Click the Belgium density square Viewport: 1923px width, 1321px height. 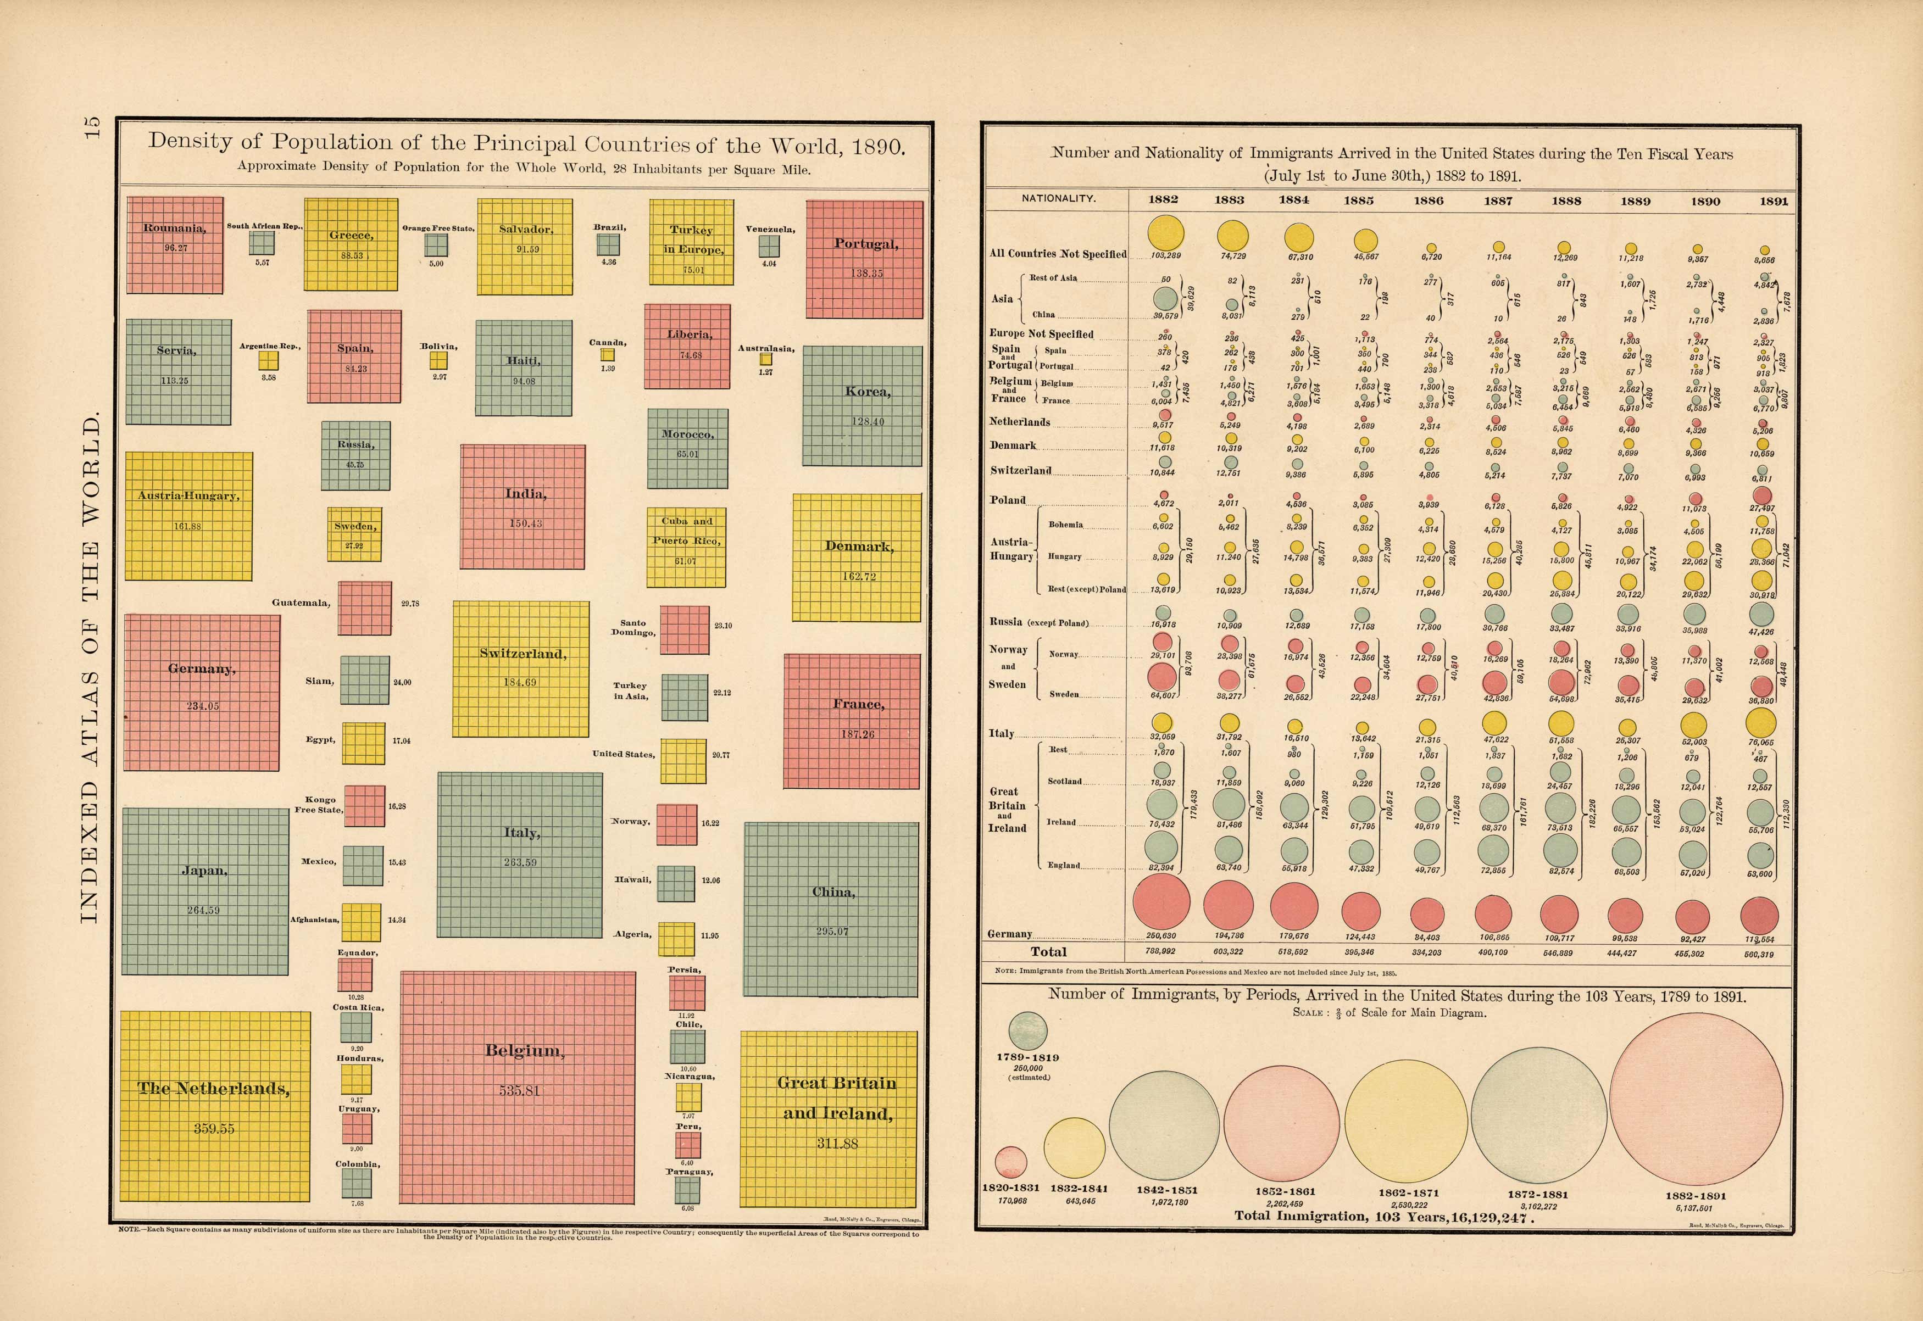(518, 1087)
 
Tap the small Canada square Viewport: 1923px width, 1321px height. (608, 354)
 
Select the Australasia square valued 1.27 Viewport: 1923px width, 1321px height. (766, 359)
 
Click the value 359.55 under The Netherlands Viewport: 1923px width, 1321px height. (214, 1128)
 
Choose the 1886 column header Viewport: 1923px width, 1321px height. (1428, 200)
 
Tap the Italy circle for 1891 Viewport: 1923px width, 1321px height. (1761, 723)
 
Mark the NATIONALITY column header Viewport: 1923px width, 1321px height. (1058, 199)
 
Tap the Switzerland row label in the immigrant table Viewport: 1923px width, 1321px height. (1021, 470)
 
